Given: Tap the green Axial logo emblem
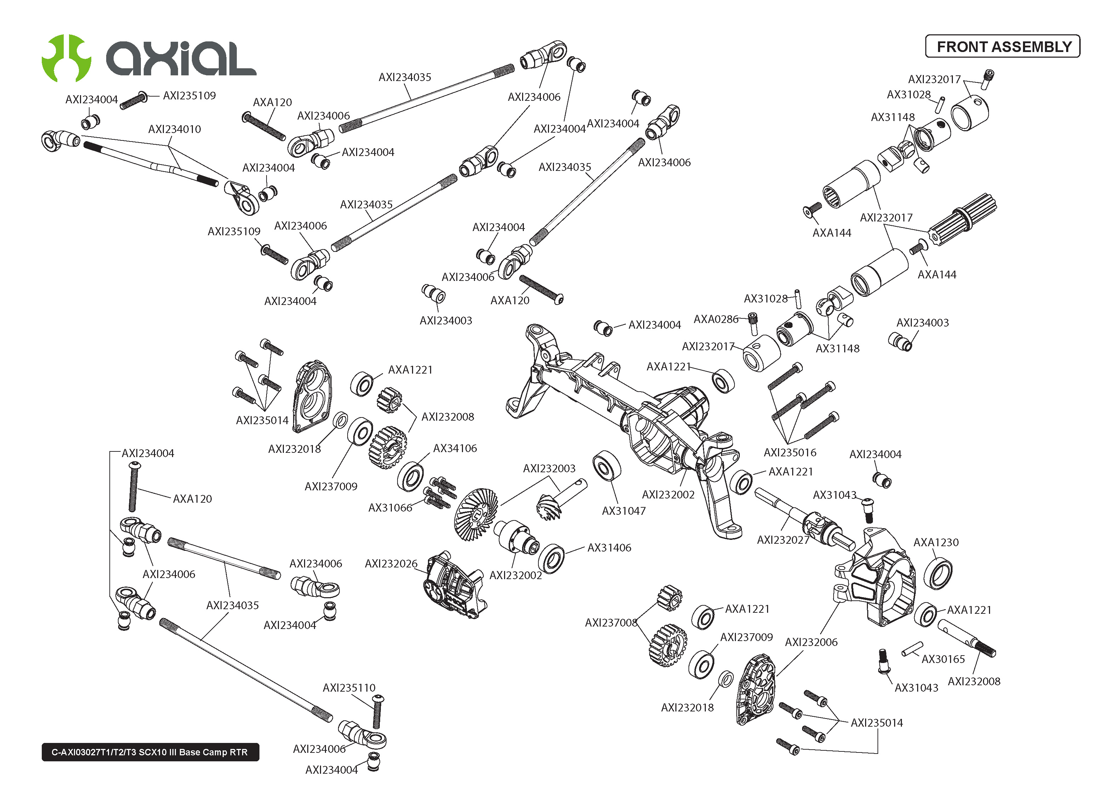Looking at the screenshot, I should click(66, 58).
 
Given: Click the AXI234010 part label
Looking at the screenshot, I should click(175, 129).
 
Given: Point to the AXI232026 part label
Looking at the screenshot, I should click(391, 564).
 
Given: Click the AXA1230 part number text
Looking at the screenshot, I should click(936, 542).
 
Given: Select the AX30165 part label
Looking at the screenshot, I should click(943, 659).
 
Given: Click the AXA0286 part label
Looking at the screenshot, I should click(715, 319).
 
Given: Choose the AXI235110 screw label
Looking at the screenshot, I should click(349, 688).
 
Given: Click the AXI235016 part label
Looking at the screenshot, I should click(790, 452).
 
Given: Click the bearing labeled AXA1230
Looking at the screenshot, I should click(938, 574).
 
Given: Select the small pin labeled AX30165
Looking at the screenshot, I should click(912, 649).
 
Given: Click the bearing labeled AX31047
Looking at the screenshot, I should click(607, 466).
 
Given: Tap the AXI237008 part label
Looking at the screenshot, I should click(611, 623).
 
